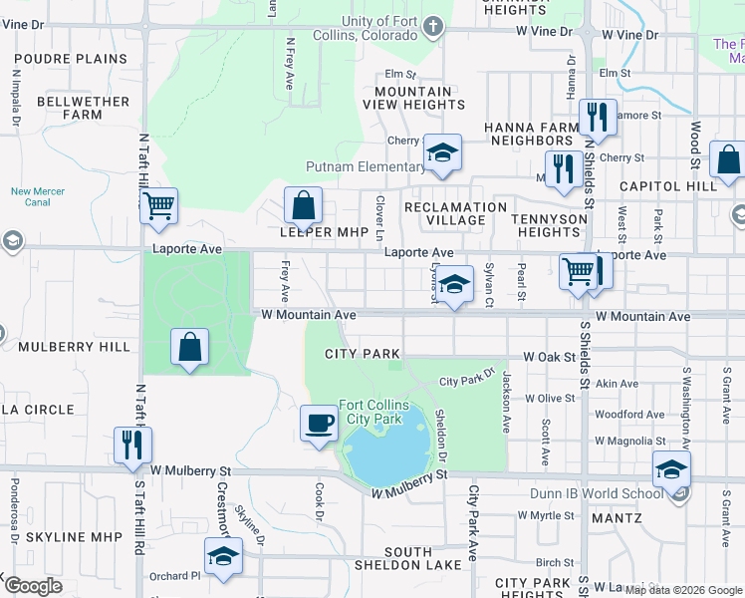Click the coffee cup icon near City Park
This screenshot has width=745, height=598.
(x=320, y=423)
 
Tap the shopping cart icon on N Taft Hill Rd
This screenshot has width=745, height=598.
(x=158, y=206)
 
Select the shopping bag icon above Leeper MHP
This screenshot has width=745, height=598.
(x=304, y=206)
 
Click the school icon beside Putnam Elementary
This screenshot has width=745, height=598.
(x=442, y=152)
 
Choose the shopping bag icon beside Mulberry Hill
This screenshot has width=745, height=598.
(x=189, y=348)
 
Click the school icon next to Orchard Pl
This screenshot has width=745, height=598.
(x=223, y=556)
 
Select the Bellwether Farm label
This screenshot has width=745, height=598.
(x=70, y=108)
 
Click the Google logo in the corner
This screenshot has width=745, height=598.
(x=33, y=586)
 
